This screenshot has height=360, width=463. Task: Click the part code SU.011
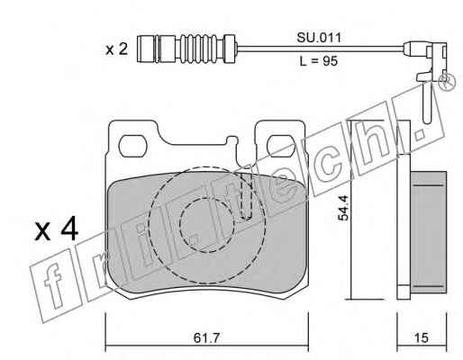tap(319, 38)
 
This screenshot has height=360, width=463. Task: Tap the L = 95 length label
tap(319, 61)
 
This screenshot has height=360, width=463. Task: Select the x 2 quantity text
tap(117, 49)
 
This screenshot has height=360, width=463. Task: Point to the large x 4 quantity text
tap(57, 230)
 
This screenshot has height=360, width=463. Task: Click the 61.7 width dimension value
tap(207, 338)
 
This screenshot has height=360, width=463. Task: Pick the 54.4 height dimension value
tap(343, 208)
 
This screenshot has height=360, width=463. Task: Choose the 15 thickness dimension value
tap(421, 338)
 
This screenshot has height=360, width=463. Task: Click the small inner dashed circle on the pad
tap(206, 225)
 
